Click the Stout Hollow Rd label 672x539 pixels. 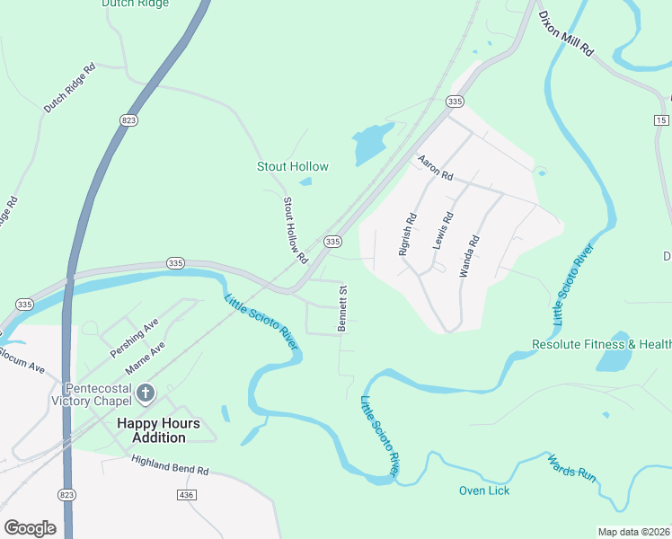[296, 230]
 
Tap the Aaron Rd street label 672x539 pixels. [436, 168]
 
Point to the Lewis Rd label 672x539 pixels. [443, 230]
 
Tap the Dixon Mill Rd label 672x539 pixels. [566, 34]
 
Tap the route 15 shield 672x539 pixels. [662, 119]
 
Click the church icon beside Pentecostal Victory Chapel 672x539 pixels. [146, 393]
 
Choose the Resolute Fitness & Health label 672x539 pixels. [601, 344]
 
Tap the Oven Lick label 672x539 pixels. [484, 490]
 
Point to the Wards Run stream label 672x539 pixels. [572, 469]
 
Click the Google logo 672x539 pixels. [30, 528]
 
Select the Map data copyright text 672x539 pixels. [633, 532]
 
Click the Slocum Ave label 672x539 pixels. [22, 367]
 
